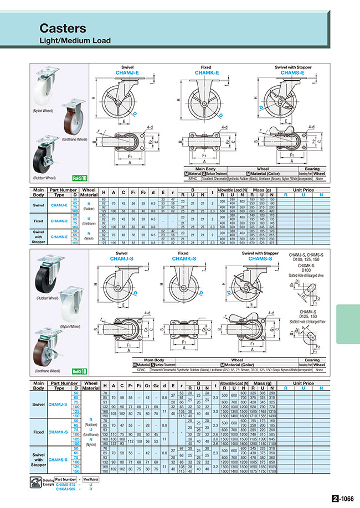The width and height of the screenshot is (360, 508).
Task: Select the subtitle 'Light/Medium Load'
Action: [75, 41]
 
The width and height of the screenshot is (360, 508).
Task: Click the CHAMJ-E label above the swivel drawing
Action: [128, 72]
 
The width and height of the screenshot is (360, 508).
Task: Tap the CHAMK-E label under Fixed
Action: [205, 72]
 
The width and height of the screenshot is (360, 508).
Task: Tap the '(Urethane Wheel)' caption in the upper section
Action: [74, 139]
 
